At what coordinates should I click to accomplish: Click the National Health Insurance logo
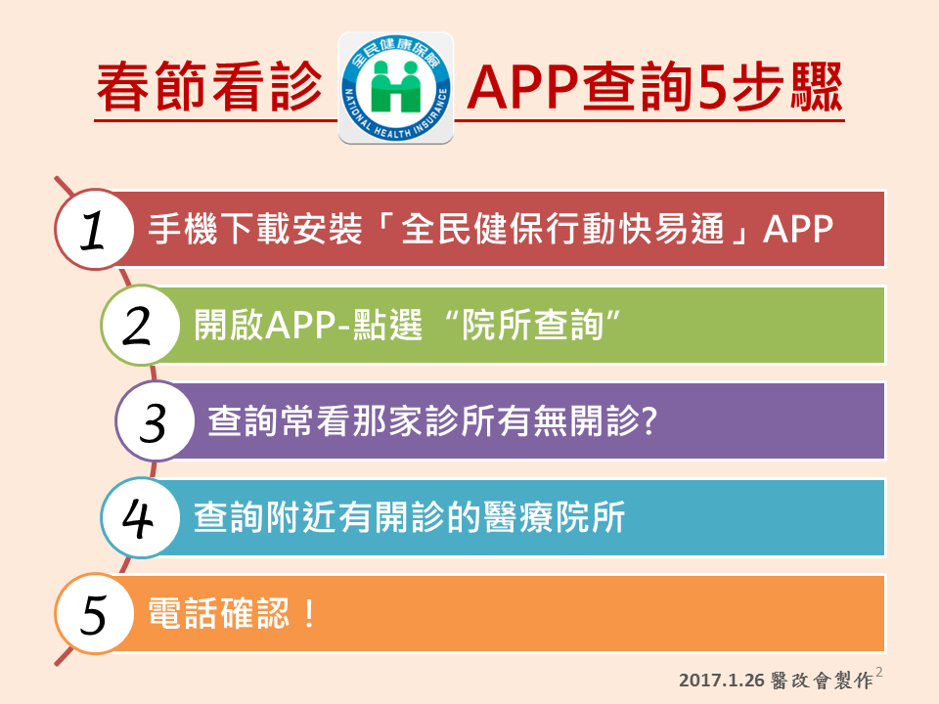[x=396, y=88]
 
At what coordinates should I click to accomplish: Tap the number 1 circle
[x=94, y=229]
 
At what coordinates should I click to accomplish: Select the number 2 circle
[x=140, y=325]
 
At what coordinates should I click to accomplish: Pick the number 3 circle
[x=155, y=420]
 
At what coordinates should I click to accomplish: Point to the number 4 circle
[x=140, y=518]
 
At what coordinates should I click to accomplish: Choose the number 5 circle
[x=94, y=614]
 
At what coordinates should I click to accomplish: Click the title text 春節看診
[x=209, y=87]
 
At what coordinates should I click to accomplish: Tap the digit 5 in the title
[x=711, y=87]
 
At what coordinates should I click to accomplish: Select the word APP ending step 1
[x=798, y=229]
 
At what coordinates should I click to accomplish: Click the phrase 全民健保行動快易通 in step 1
[x=562, y=229]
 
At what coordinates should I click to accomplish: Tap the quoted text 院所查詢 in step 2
[x=532, y=325]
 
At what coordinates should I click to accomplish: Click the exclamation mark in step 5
[x=309, y=614]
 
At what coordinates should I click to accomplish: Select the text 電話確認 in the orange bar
[x=218, y=614]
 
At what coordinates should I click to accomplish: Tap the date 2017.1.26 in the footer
[x=722, y=681]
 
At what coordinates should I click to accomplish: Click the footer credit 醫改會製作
[x=822, y=681]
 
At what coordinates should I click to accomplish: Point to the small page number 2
[x=878, y=673]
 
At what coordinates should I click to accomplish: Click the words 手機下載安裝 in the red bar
[x=255, y=229]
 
